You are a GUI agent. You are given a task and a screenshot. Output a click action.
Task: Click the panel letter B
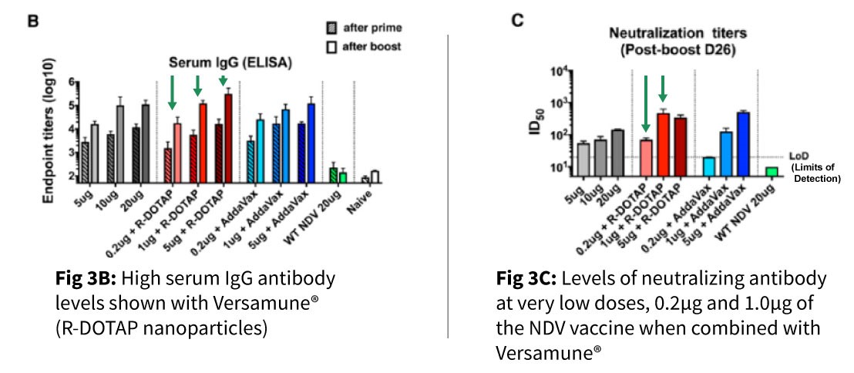[x=33, y=21]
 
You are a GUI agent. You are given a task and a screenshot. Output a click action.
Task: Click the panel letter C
[x=519, y=21]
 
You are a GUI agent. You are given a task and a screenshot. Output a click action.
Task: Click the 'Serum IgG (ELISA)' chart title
[x=230, y=64]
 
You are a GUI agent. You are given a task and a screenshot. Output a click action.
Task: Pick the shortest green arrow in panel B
[x=224, y=81]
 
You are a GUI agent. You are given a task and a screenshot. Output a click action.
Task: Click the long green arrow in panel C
[x=646, y=104]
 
